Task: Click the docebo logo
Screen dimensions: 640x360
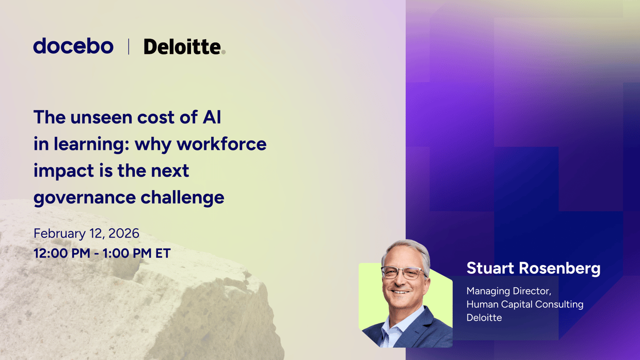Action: [x=73, y=46]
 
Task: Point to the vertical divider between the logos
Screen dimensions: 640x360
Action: [x=129, y=46]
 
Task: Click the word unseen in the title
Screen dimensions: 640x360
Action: [x=102, y=117]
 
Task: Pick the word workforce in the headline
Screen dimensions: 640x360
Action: [x=222, y=144]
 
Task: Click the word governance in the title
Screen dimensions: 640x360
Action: [x=85, y=198]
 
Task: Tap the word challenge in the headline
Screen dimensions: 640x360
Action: [x=183, y=197]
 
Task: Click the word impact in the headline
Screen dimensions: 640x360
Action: [x=64, y=171]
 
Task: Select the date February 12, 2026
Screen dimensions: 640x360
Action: [x=86, y=233]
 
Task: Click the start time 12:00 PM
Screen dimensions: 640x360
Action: [x=62, y=254]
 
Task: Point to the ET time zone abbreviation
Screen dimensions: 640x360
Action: [x=163, y=254]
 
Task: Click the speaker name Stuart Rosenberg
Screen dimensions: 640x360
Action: [x=534, y=269]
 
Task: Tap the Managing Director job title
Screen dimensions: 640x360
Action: [x=509, y=291]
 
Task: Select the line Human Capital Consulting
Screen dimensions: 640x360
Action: [x=525, y=304]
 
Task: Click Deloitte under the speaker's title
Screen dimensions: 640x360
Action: [x=484, y=318]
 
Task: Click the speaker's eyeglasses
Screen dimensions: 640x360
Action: [x=404, y=273]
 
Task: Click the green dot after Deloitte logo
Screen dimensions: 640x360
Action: [x=223, y=52]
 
